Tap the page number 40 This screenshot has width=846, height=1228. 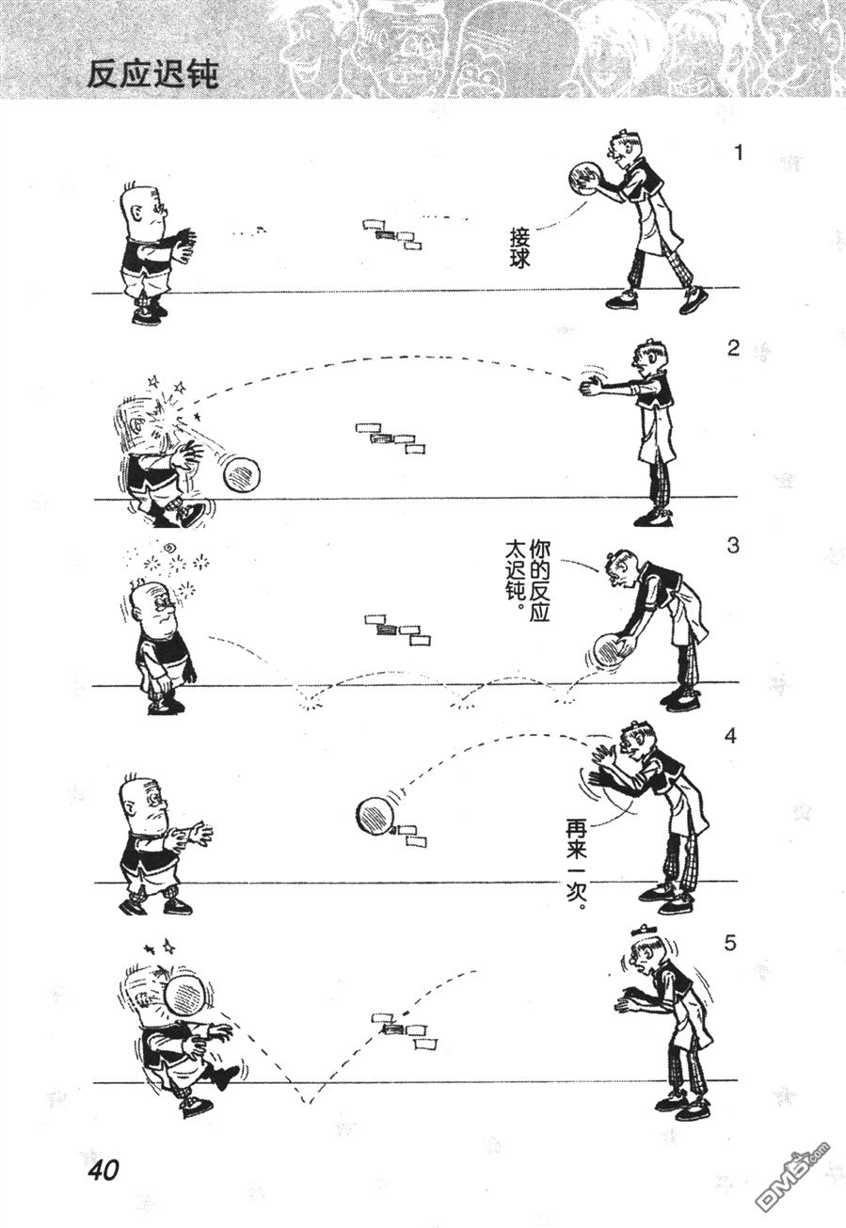coord(103,1171)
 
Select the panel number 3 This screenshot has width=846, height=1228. coord(734,546)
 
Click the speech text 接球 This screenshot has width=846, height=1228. coord(519,247)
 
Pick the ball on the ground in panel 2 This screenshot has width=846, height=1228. coord(241,474)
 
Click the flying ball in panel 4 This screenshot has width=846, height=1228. coord(376,815)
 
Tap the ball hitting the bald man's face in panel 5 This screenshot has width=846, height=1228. coord(186,994)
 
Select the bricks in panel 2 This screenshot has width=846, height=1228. coord(386,437)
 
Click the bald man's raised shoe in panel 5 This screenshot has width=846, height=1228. coord(227,1076)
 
